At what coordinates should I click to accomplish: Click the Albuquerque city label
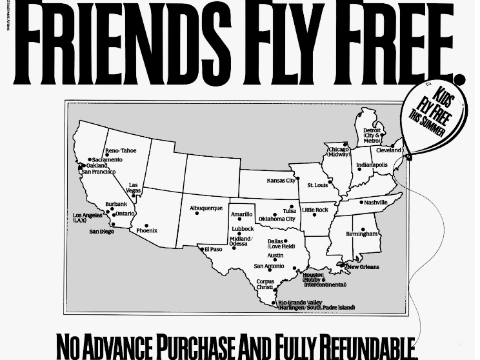click(206, 208)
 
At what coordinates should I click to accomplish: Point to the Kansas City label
click(281, 181)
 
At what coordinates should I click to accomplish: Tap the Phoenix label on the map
click(146, 230)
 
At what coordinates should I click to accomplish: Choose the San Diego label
click(101, 232)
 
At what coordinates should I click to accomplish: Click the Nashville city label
click(375, 203)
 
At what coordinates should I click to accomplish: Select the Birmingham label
click(361, 234)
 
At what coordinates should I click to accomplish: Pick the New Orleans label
click(363, 267)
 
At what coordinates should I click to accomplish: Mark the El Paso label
click(213, 250)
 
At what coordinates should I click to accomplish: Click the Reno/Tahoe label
click(121, 151)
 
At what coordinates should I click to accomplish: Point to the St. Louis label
click(317, 186)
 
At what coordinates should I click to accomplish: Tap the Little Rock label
click(315, 210)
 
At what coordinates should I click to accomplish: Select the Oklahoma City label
click(277, 219)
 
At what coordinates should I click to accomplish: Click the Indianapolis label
click(372, 165)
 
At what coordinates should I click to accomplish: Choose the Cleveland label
click(388, 150)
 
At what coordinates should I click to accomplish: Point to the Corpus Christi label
click(265, 285)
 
